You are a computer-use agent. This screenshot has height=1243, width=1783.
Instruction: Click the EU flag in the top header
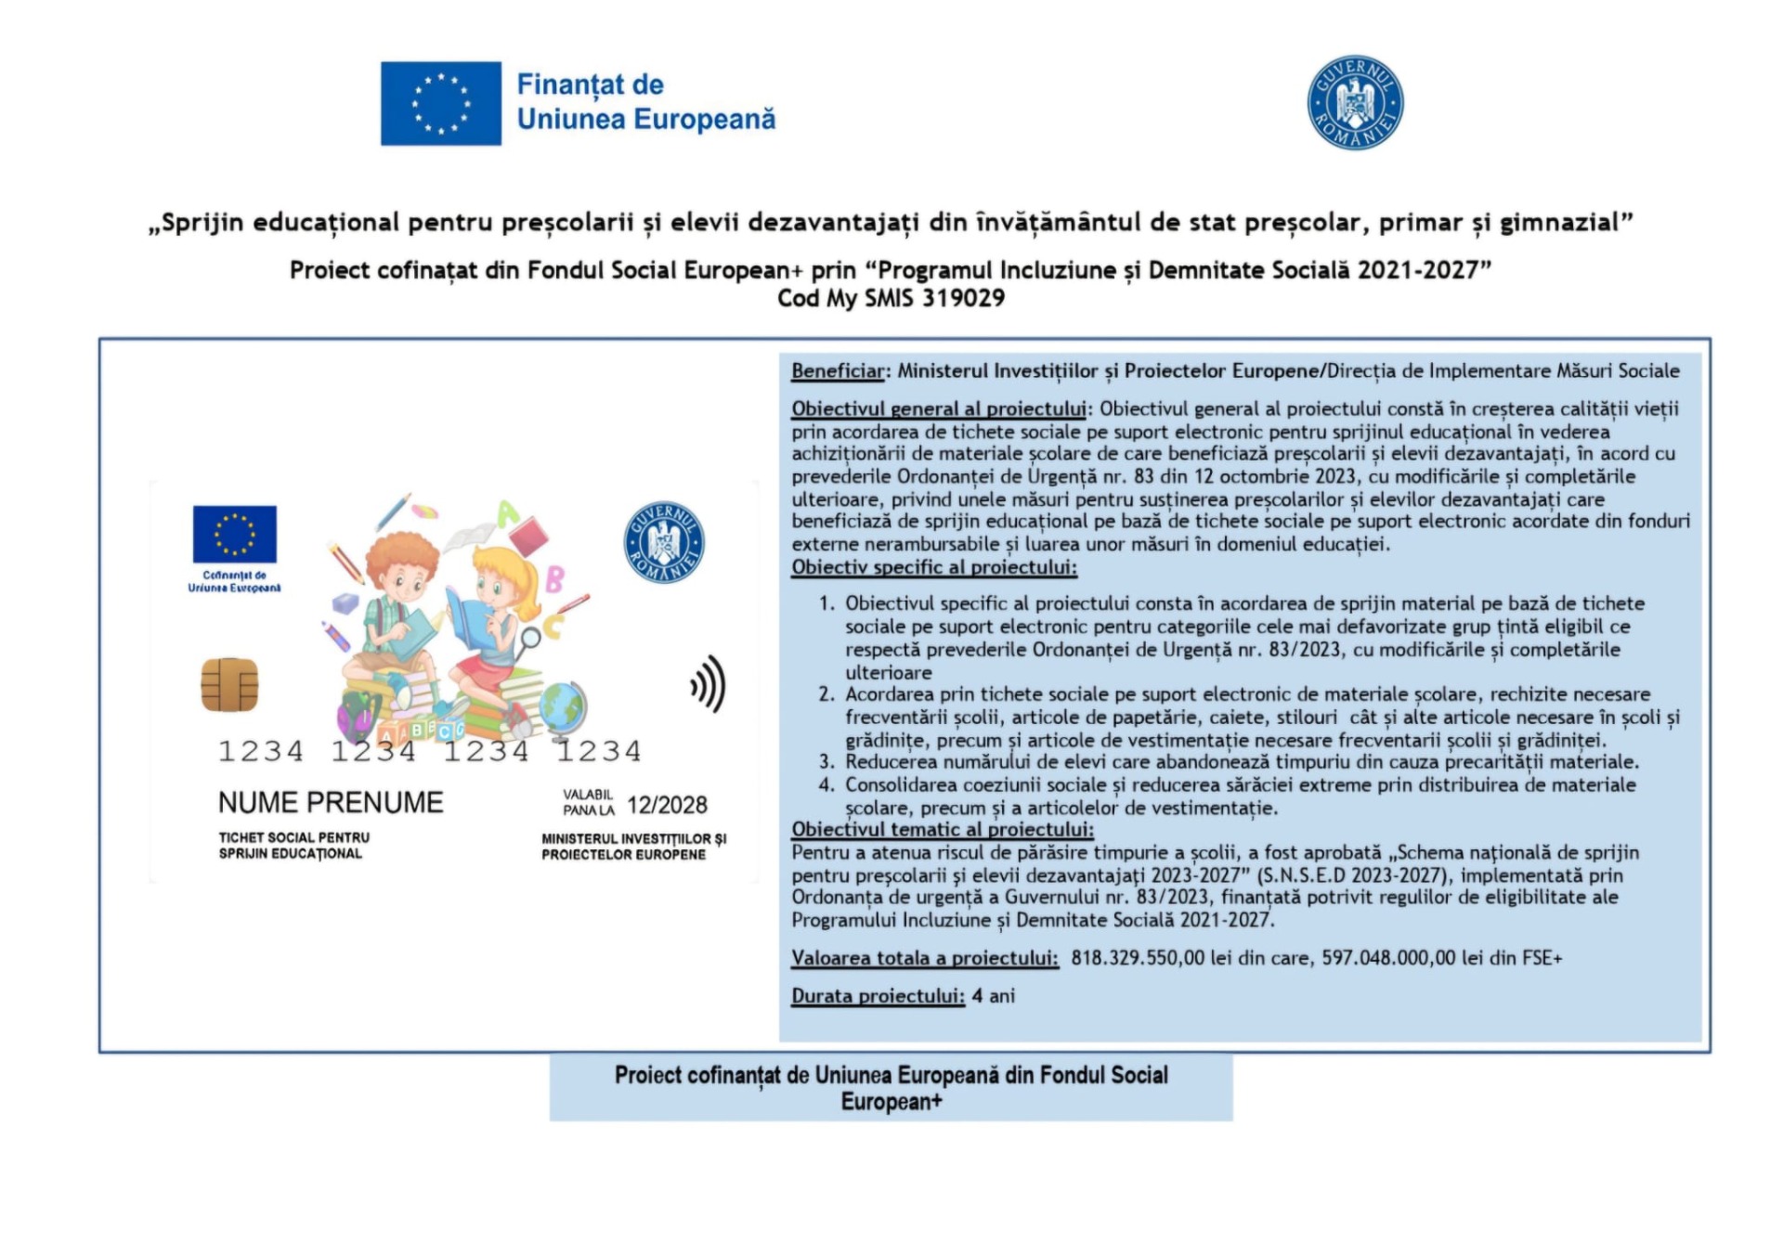pyautogui.click(x=440, y=103)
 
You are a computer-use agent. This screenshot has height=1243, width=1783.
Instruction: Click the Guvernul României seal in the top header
pyautogui.click(x=1355, y=102)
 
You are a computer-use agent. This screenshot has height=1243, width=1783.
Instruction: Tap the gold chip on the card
pyautogui.click(x=229, y=684)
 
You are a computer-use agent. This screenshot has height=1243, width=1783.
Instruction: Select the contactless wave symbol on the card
pyautogui.click(x=708, y=684)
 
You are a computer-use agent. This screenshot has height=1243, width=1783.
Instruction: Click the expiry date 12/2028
pyautogui.click(x=667, y=805)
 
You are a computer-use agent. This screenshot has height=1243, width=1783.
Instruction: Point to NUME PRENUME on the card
pyautogui.click(x=331, y=802)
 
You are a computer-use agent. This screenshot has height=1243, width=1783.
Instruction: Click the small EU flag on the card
pyautogui.click(x=234, y=534)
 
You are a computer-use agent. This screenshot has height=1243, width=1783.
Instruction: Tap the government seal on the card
pyautogui.click(x=663, y=542)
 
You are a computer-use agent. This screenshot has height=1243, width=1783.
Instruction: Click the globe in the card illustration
pyautogui.click(x=563, y=706)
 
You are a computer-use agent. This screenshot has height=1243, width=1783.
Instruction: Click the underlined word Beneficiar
pyautogui.click(x=838, y=371)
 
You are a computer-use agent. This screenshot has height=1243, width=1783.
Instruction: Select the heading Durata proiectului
pyautogui.click(x=878, y=996)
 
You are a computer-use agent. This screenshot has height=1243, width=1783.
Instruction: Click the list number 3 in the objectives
pyautogui.click(x=826, y=762)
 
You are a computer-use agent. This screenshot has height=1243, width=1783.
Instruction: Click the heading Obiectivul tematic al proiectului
pyautogui.click(x=942, y=830)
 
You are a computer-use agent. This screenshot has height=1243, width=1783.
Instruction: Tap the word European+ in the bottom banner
pyautogui.click(x=891, y=1102)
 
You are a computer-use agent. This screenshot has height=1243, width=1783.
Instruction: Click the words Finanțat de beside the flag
pyautogui.click(x=590, y=84)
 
